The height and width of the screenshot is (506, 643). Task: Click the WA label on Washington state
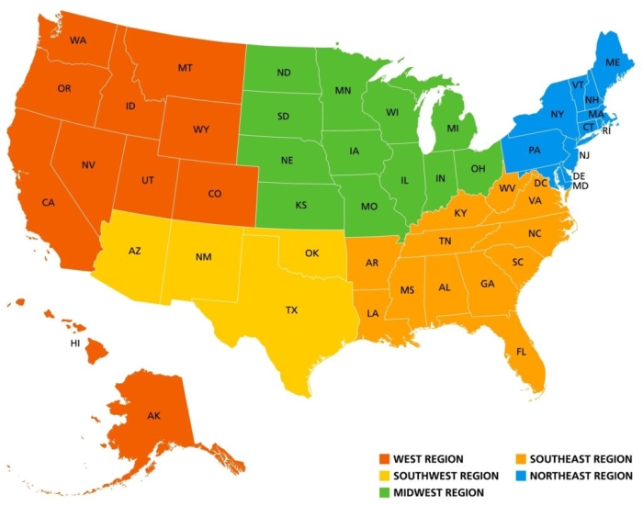77,40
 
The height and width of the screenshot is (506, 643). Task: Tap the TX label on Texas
291,310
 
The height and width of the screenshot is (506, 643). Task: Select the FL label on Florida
521,352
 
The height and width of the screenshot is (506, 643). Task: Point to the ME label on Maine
613,62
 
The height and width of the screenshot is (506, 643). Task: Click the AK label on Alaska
153,416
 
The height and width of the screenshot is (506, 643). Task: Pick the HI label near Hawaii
75,343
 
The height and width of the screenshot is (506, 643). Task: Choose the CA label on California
48,202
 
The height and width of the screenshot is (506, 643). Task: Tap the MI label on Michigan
452,129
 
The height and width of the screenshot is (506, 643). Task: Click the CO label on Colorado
214,194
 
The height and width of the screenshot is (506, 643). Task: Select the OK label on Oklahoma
312,252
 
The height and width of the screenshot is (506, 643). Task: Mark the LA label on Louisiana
374,313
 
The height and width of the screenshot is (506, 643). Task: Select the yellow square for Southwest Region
384,476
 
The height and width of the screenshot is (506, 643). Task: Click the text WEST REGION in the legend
428,458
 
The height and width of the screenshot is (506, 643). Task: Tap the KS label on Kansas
300,205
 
